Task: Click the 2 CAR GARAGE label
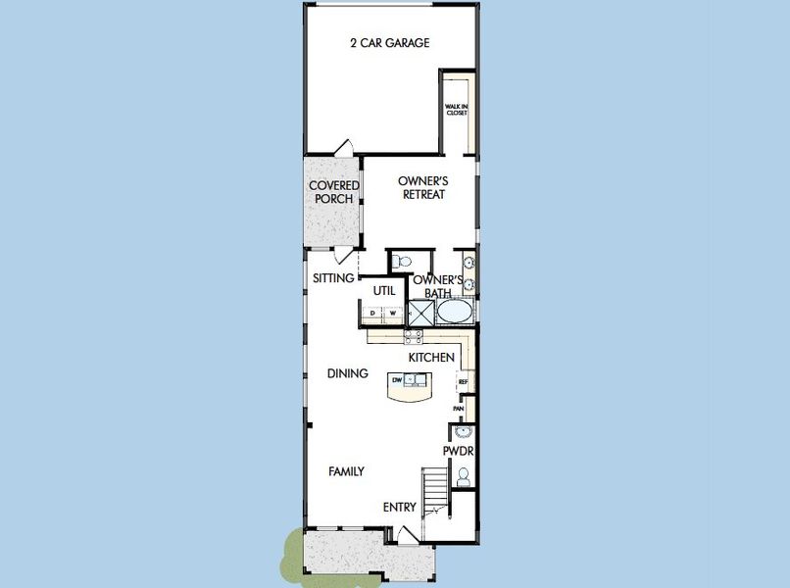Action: pyautogui.click(x=390, y=43)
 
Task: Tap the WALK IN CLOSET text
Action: pyautogui.click(x=457, y=110)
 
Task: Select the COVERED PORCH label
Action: pyautogui.click(x=334, y=192)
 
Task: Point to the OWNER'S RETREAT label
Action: pyautogui.click(x=423, y=187)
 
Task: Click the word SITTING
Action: pyautogui.click(x=333, y=278)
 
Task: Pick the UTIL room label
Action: pyautogui.click(x=384, y=290)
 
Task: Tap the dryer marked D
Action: pyautogui.click(x=372, y=314)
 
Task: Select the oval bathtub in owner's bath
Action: pyautogui.click(x=454, y=313)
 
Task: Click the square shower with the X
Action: pyautogui.click(x=421, y=313)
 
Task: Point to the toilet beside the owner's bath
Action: pyautogui.click(x=403, y=262)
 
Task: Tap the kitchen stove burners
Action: pyautogui.click(x=413, y=335)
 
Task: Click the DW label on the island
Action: pyautogui.click(x=397, y=379)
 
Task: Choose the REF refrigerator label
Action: pyautogui.click(x=464, y=381)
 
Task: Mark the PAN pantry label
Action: pyautogui.click(x=458, y=409)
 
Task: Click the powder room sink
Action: pyautogui.click(x=462, y=431)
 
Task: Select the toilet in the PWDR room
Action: pyautogui.click(x=464, y=476)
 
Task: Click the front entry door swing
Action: pyautogui.click(x=406, y=535)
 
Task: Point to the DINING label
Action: pyautogui.click(x=348, y=373)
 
